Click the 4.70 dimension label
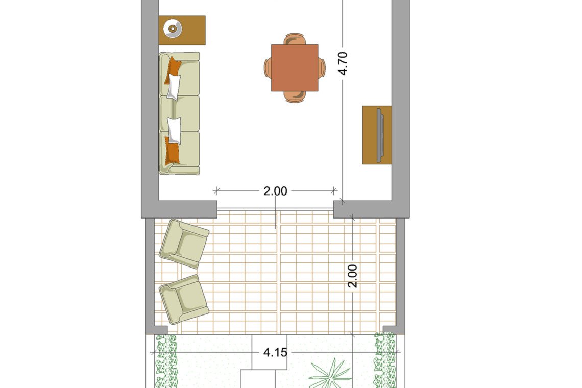pos(344,63)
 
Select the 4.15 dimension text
pos(275,352)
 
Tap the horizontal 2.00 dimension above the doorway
pos(275,191)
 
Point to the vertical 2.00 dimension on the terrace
pos(353,276)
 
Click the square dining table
pos(295,68)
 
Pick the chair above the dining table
pos(295,39)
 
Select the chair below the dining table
pos(295,96)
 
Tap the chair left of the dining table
pos(268,68)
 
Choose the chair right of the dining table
pos(322,68)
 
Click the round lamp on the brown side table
pos(173,28)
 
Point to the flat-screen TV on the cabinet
pos(380,135)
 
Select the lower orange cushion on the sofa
pos(172,151)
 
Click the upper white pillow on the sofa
pos(174,87)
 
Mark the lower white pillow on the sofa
pos(174,131)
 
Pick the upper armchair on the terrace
pos(184,244)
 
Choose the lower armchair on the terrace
pos(184,299)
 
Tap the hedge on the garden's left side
pos(165,361)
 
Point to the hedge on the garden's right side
pos(385,360)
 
